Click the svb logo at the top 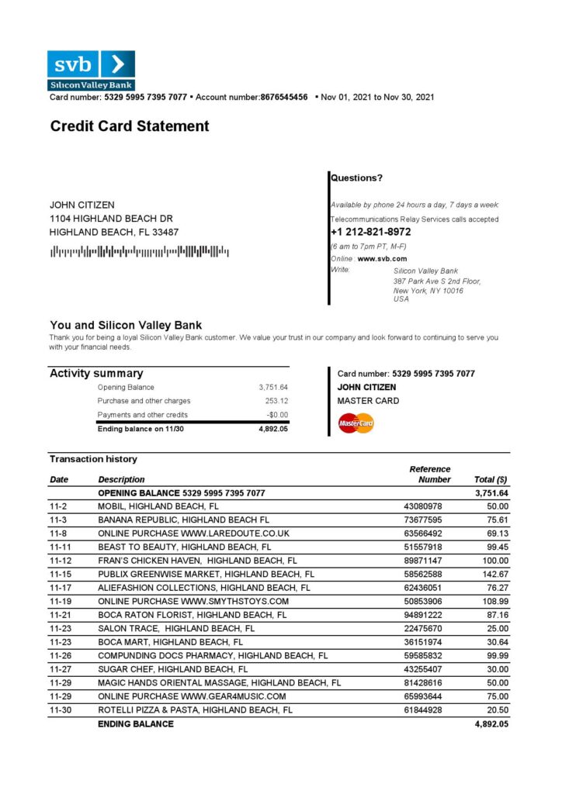(91, 69)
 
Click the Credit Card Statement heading (130, 126)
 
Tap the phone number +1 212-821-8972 (370, 232)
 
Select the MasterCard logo (356, 423)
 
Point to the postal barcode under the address (139, 251)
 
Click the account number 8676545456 (284, 98)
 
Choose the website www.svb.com (382, 258)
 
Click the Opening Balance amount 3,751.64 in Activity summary (273, 387)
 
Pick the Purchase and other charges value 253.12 (276, 401)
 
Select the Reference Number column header (430, 474)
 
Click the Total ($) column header (491, 479)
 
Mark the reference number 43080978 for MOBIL (424, 506)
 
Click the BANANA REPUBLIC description (183, 520)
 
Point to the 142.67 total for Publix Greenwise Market (494, 575)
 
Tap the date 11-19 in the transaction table (60, 601)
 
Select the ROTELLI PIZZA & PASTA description (195, 709)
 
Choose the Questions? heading (356, 178)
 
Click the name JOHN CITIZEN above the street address (82, 205)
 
